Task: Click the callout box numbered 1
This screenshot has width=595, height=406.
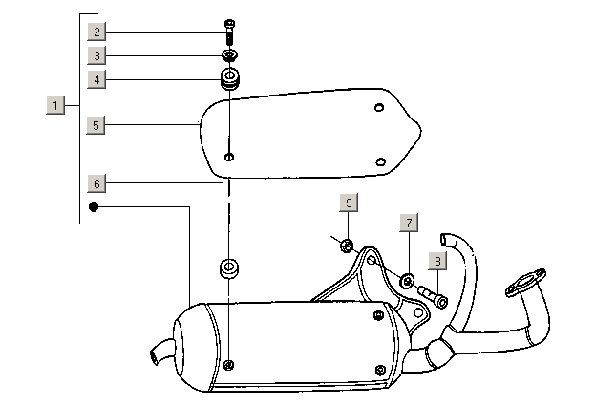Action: (55, 104)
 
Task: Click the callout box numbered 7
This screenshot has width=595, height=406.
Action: (408, 224)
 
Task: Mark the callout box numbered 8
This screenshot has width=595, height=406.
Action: (436, 260)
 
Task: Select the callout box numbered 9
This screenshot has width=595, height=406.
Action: (349, 203)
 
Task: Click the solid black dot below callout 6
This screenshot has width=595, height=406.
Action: (95, 205)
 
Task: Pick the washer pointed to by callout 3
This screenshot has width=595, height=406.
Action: (229, 54)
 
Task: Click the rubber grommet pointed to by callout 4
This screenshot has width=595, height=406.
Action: (229, 79)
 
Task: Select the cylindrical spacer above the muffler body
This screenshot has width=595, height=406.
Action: (229, 267)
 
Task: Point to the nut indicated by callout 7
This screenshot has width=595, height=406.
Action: (407, 280)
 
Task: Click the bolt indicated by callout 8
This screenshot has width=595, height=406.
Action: (435, 299)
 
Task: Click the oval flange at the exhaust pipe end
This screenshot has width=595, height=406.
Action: (526, 284)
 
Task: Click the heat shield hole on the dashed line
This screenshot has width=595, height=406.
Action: (228, 156)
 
